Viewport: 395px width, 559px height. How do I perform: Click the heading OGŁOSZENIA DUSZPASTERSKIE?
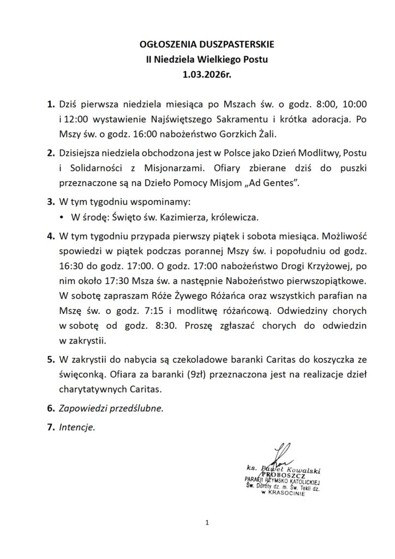click(x=197, y=43)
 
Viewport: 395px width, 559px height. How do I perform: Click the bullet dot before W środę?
click(x=63, y=217)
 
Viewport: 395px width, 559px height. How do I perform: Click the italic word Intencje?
click(x=77, y=427)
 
